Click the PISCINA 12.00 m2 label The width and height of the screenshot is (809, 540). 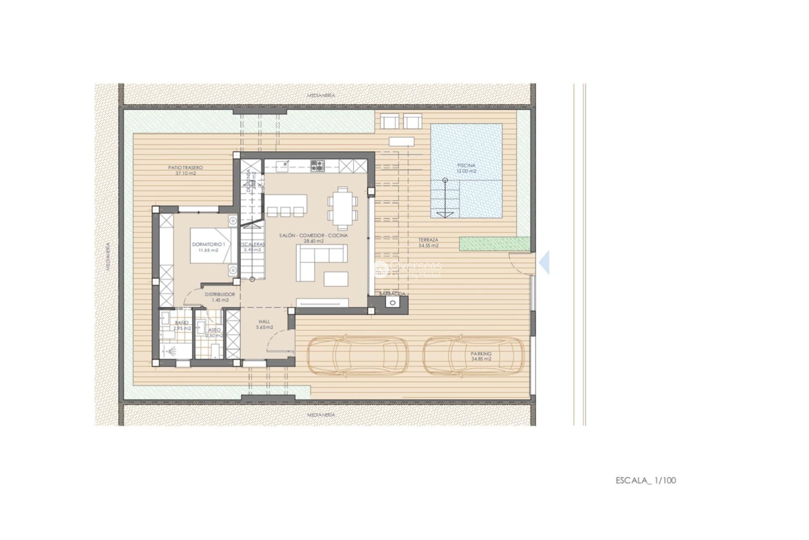466,168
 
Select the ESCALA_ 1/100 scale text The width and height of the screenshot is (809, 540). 646,480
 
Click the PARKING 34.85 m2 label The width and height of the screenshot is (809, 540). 481,356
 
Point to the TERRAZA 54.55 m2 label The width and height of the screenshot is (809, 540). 428,242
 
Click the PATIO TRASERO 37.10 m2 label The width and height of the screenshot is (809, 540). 185,170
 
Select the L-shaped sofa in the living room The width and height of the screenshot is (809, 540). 319,262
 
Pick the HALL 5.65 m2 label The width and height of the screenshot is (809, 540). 265,324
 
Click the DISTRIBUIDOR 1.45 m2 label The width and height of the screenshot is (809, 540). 220,297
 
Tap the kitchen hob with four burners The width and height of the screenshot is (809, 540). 318,166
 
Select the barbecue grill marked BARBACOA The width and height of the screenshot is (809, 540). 393,302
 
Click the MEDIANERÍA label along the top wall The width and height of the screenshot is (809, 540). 321,96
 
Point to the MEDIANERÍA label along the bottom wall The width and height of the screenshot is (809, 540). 321,415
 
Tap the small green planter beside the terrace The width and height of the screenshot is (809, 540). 495,243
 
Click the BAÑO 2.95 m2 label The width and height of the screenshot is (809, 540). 182,325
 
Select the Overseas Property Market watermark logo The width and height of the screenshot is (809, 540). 408,269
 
